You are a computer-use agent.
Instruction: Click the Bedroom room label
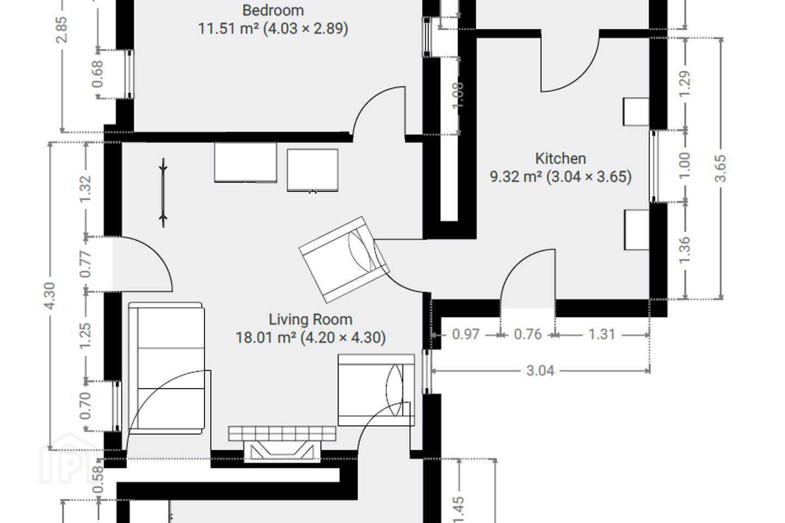point(273,10)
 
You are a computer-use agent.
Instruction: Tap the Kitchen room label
point(560,159)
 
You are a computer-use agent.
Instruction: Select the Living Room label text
point(311,319)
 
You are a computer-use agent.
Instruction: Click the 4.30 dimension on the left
point(50,296)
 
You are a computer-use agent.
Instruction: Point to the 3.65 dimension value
point(721,168)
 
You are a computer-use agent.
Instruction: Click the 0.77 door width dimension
point(86,264)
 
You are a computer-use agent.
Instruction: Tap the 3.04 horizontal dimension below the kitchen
point(540,370)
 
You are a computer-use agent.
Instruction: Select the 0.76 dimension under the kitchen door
point(528,335)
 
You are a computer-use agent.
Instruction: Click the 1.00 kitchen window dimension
point(685,166)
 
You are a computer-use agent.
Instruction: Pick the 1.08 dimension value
point(458,95)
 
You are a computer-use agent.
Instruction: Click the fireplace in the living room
point(282,444)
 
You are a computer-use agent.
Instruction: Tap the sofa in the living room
point(166,368)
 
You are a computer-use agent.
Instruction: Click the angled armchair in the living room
point(344,259)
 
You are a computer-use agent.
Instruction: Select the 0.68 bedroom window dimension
point(98,74)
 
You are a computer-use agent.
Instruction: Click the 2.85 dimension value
point(62,30)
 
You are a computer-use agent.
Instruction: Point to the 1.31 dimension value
point(602,335)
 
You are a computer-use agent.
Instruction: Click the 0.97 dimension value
point(466,335)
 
